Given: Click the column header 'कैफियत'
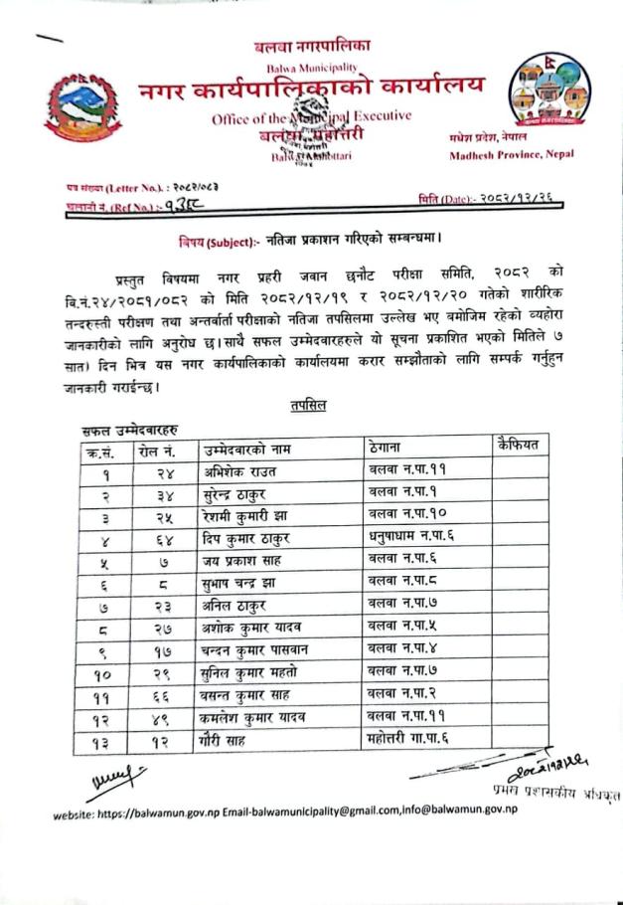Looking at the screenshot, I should click(516, 445).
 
